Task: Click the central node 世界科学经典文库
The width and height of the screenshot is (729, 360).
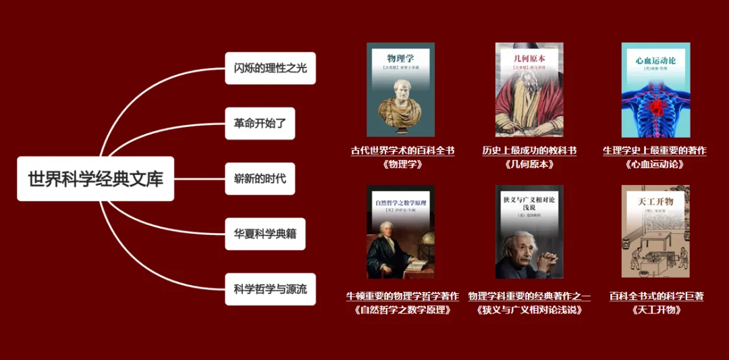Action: point(95,179)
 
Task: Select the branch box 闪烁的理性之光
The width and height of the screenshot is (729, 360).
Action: point(270,68)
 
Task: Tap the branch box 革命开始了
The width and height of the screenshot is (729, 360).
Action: point(260,124)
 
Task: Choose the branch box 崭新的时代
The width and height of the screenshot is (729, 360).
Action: point(260,179)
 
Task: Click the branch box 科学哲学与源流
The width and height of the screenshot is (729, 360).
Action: point(270,289)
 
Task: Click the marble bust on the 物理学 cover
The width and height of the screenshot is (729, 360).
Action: point(400,108)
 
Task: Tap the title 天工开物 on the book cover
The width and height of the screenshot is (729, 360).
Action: point(655,201)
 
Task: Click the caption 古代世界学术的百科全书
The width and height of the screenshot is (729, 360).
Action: point(402,151)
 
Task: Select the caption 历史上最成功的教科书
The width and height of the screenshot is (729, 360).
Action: point(529,151)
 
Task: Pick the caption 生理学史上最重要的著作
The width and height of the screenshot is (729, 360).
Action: point(655,151)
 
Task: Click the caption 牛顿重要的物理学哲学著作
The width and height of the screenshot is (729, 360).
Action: point(402,296)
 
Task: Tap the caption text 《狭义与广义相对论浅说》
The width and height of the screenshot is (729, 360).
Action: point(529,310)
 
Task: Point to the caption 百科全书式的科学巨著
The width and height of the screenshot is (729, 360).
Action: point(656,296)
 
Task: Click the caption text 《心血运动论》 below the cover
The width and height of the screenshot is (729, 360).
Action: point(655,164)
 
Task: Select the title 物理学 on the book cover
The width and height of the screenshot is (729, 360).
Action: point(400,58)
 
